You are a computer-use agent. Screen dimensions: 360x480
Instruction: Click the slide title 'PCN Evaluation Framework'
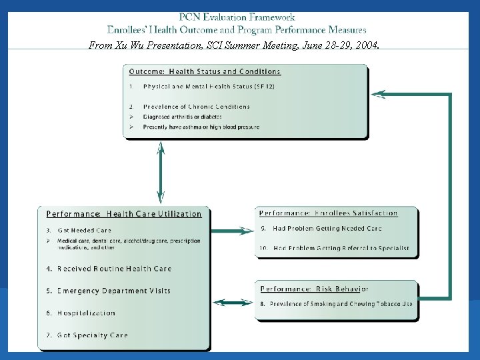click(x=237, y=17)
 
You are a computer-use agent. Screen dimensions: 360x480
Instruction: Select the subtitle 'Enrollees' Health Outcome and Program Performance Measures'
click(x=237, y=30)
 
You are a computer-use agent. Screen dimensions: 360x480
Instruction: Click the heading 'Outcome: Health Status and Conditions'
click(x=205, y=71)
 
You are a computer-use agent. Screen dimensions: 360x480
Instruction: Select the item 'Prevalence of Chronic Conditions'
click(x=196, y=107)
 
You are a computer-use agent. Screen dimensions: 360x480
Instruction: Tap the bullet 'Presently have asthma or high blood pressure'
click(x=201, y=127)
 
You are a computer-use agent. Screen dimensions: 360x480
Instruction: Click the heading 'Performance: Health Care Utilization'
click(x=124, y=214)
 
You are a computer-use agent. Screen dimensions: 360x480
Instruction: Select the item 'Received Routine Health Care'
click(x=114, y=269)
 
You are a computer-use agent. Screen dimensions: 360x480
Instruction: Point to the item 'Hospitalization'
click(x=86, y=313)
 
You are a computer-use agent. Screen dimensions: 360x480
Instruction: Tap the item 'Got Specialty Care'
click(x=92, y=335)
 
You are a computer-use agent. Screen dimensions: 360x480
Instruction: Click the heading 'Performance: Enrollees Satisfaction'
click(x=329, y=213)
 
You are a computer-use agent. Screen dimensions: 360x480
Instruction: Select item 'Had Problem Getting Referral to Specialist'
click(x=341, y=248)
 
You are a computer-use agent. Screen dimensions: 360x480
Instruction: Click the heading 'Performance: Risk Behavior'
click(x=314, y=289)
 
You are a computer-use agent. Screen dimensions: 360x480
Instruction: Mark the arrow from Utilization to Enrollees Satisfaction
click(x=233, y=231)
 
